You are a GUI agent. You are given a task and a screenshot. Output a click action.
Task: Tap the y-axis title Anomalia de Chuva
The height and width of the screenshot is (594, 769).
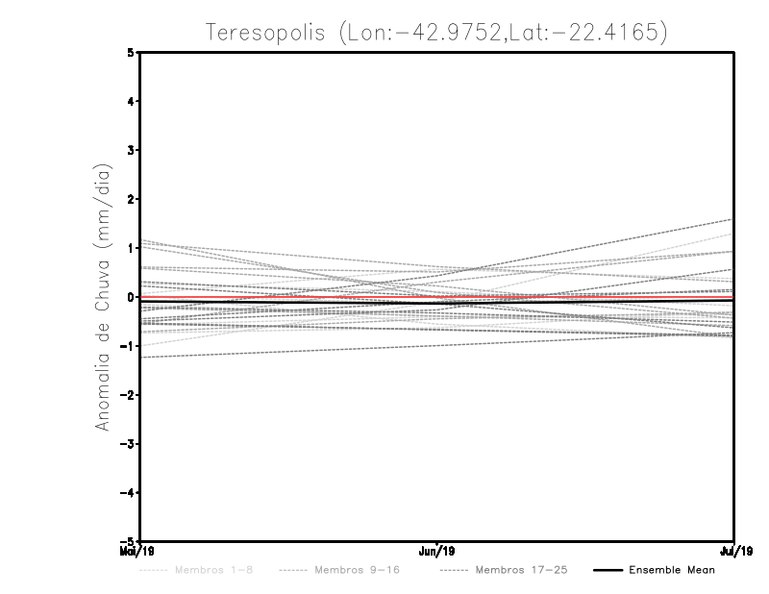[x=102, y=296]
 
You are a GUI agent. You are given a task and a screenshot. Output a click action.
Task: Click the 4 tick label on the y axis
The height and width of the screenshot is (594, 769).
[x=131, y=101]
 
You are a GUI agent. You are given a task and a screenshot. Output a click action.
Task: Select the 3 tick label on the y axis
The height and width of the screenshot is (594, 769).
[x=131, y=150]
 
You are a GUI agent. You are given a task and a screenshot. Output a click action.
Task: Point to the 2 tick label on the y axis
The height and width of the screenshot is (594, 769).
[x=131, y=199]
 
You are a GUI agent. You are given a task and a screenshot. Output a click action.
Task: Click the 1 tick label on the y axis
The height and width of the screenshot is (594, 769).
[x=131, y=248]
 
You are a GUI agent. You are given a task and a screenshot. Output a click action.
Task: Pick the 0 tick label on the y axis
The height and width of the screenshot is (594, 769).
[x=131, y=297]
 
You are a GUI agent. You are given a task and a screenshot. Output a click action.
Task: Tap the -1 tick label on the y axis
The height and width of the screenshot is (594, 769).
[x=128, y=346]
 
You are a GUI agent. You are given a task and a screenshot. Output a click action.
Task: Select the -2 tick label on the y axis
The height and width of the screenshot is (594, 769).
[x=128, y=395]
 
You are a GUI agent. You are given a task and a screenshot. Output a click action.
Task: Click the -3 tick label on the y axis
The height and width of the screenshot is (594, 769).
[x=128, y=444]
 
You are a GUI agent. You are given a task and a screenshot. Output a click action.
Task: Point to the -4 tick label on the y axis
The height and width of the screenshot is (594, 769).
[x=128, y=493]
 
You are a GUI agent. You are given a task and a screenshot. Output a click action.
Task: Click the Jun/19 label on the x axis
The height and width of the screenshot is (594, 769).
[x=437, y=551]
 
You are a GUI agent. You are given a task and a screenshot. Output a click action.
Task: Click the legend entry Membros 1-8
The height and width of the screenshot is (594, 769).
[x=213, y=570]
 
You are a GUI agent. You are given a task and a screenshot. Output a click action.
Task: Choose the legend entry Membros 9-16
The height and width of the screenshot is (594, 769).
[x=356, y=570]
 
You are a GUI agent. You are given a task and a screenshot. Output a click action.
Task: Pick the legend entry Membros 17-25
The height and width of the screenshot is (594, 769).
[x=521, y=570]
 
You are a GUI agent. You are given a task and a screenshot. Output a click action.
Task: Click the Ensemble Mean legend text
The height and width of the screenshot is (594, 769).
[x=671, y=570]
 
